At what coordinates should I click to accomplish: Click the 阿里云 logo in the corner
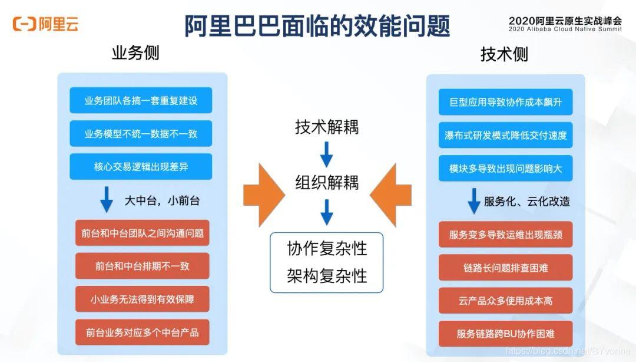coord(45,24)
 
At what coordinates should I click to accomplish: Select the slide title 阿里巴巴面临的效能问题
coord(317,25)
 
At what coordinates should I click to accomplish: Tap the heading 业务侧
coord(135,54)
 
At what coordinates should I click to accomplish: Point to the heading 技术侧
coord(504,55)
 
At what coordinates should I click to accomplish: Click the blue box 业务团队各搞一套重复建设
coord(141,100)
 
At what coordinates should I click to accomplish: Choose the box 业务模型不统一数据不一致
coord(141,134)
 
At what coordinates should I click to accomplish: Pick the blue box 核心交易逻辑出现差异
coord(141,167)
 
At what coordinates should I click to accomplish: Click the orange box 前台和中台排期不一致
coord(143,266)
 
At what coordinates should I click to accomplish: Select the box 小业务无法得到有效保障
coord(143,300)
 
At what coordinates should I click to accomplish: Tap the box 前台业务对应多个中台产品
coord(143,333)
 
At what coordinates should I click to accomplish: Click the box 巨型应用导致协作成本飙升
coord(505,102)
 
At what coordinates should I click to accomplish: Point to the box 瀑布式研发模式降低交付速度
coord(505,135)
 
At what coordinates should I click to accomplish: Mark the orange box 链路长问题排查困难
coord(505,268)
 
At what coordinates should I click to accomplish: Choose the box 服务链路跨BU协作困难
coord(505,333)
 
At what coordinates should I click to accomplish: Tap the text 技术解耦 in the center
coord(327,127)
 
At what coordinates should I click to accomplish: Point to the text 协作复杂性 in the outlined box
coord(327,249)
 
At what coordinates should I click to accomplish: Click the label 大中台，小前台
coord(161,200)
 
